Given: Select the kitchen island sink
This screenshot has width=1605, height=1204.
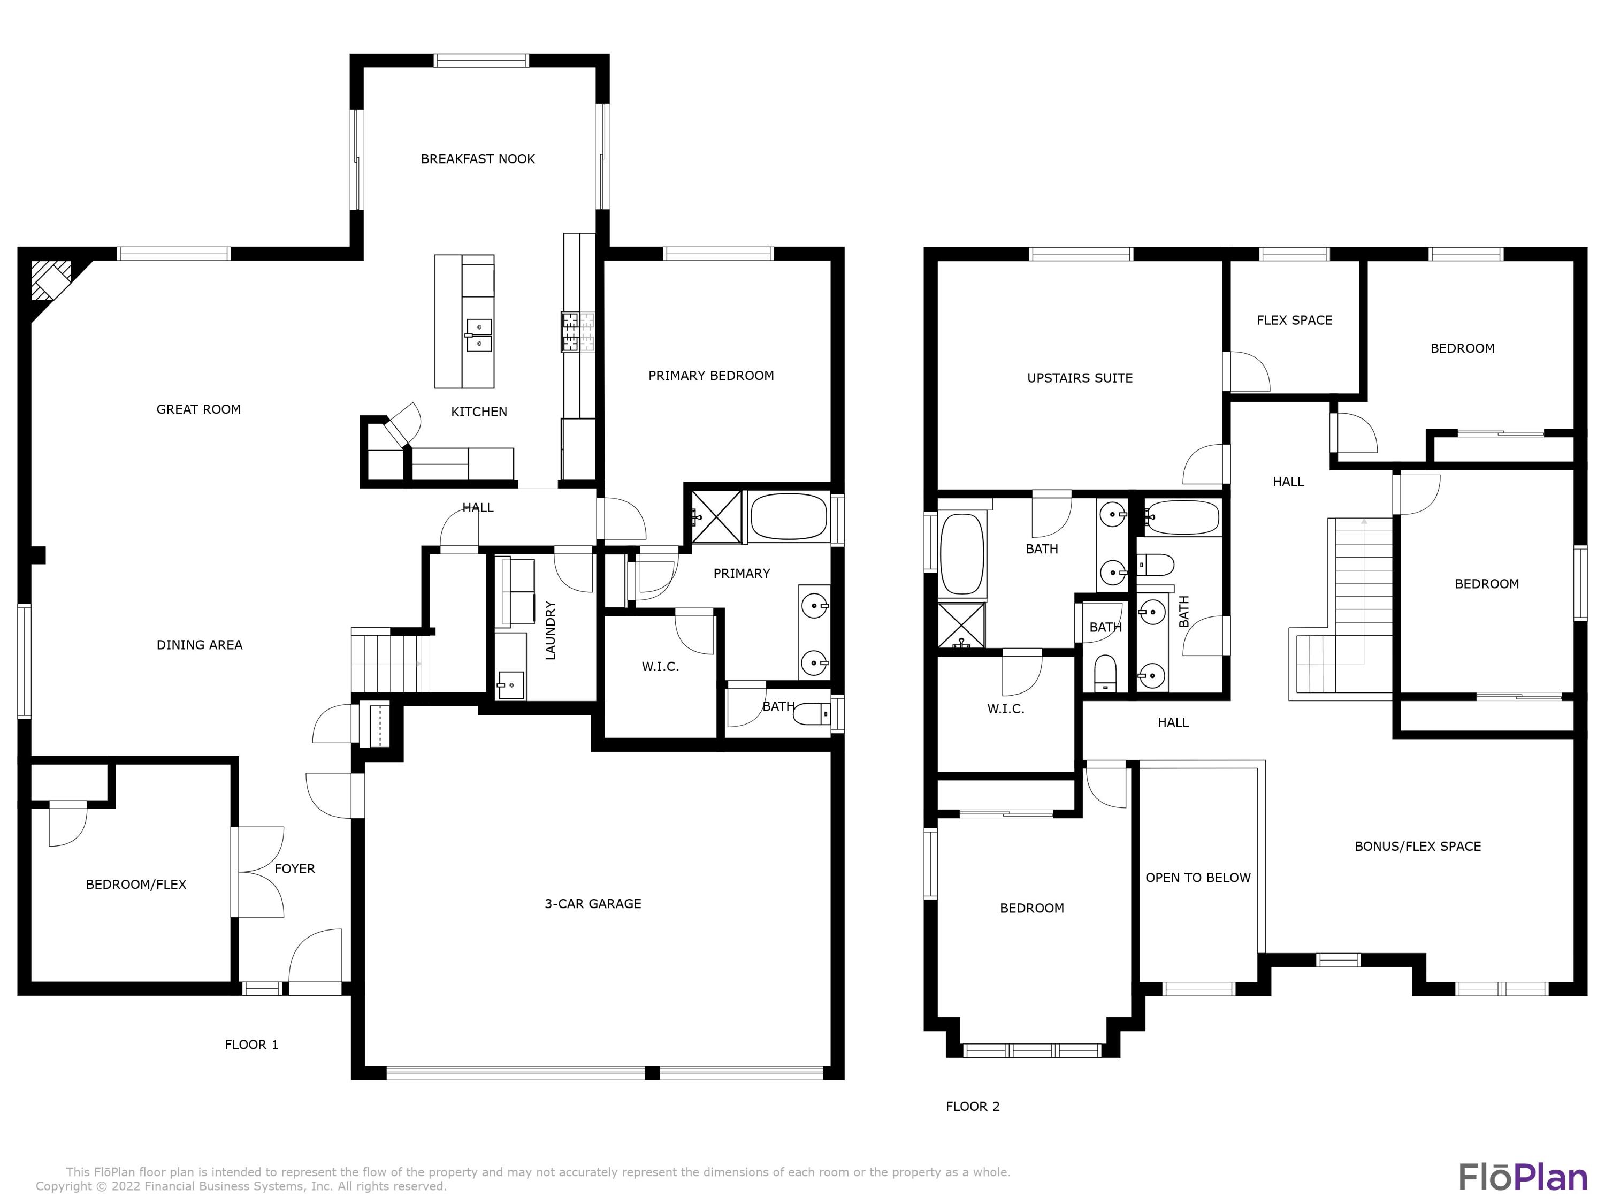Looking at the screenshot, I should [479, 336].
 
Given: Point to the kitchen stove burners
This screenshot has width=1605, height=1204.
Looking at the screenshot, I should [578, 332].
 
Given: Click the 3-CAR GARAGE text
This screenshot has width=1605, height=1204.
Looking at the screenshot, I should [593, 904].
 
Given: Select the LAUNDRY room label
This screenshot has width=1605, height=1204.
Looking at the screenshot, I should [550, 630].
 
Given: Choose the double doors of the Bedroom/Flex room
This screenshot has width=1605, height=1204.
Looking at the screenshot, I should [257, 872].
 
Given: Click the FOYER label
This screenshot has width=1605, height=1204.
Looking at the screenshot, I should [295, 868].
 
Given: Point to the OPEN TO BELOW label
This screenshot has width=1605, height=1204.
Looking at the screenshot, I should [1198, 878].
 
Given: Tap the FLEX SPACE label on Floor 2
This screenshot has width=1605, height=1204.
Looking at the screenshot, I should [1295, 320].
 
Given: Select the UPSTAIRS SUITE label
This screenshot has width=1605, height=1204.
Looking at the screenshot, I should [1080, 378].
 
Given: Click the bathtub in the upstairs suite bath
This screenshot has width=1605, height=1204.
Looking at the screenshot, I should [961, 555].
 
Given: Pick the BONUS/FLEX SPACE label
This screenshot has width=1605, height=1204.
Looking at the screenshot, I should [1417, 846].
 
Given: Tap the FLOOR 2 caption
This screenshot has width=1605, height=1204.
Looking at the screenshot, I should [972, 1106].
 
